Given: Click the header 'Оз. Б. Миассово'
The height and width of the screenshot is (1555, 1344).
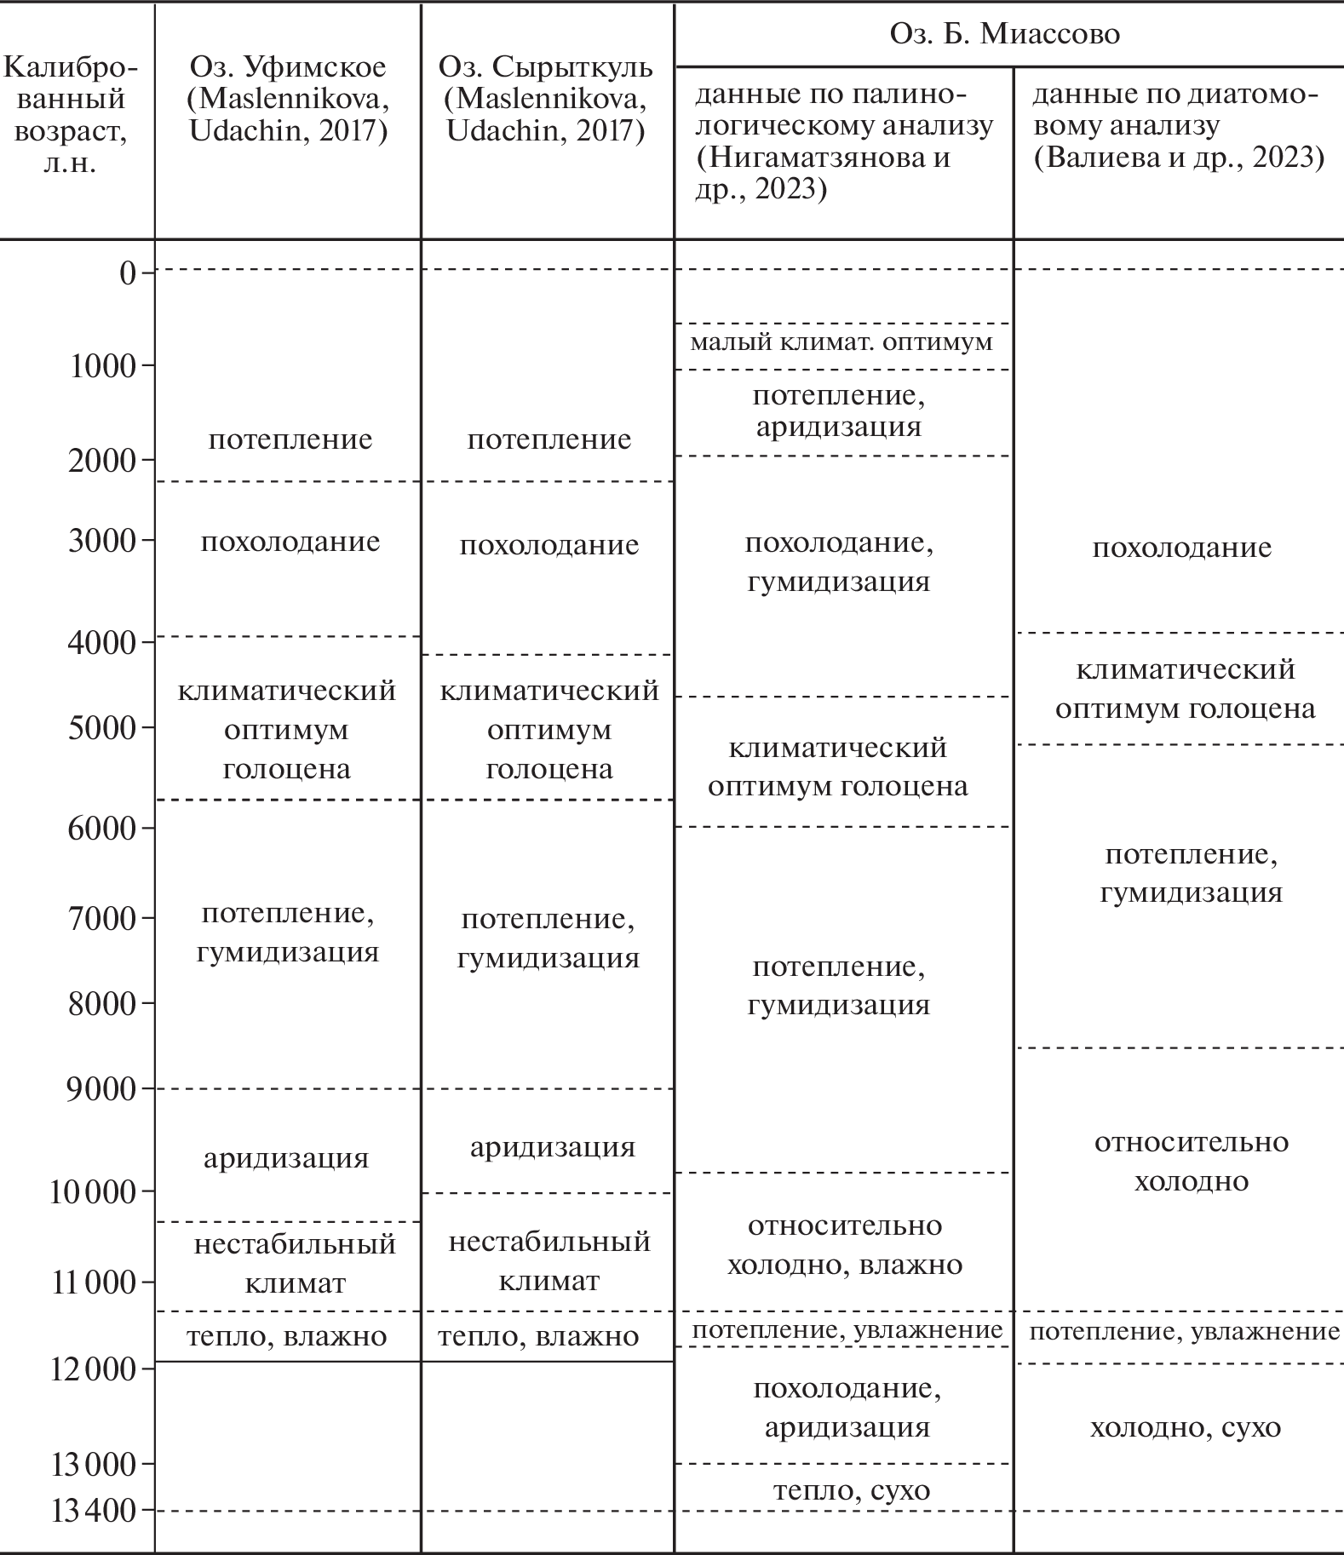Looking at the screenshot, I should pos(1005,34).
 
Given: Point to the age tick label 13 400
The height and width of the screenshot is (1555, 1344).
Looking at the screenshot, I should pos(94,1511).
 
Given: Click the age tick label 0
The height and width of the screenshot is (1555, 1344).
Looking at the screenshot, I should pos(128,273).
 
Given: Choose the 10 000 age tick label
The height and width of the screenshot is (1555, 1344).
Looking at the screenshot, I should pos(93,1192).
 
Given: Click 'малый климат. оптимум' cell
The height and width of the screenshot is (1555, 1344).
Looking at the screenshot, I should pos(841,343).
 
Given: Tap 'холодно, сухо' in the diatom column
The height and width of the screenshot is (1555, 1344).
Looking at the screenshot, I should pos(1185,1427).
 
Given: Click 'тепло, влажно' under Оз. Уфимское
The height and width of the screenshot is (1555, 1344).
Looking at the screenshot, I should pos(287,1336).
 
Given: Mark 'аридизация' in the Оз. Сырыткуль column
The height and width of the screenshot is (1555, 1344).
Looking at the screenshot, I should pos(552,1147).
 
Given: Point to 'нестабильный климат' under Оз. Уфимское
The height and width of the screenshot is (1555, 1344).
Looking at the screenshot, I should pos(295,1263).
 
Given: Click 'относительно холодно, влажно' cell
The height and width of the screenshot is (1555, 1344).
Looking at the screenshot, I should pos(844,1245).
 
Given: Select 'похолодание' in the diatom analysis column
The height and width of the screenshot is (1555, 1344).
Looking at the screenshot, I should pos(1181,548).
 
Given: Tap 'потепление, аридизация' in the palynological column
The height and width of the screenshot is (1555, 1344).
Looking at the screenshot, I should pos(838,410).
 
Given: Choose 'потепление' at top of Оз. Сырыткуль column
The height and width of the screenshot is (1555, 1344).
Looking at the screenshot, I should pos(549,439).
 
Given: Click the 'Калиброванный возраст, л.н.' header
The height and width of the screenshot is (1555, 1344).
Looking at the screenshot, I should pos(70,114).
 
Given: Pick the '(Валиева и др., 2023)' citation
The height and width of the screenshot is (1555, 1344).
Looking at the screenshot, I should pos(1179,158).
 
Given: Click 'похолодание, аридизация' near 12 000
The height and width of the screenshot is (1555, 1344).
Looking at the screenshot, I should pos(847,1407).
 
